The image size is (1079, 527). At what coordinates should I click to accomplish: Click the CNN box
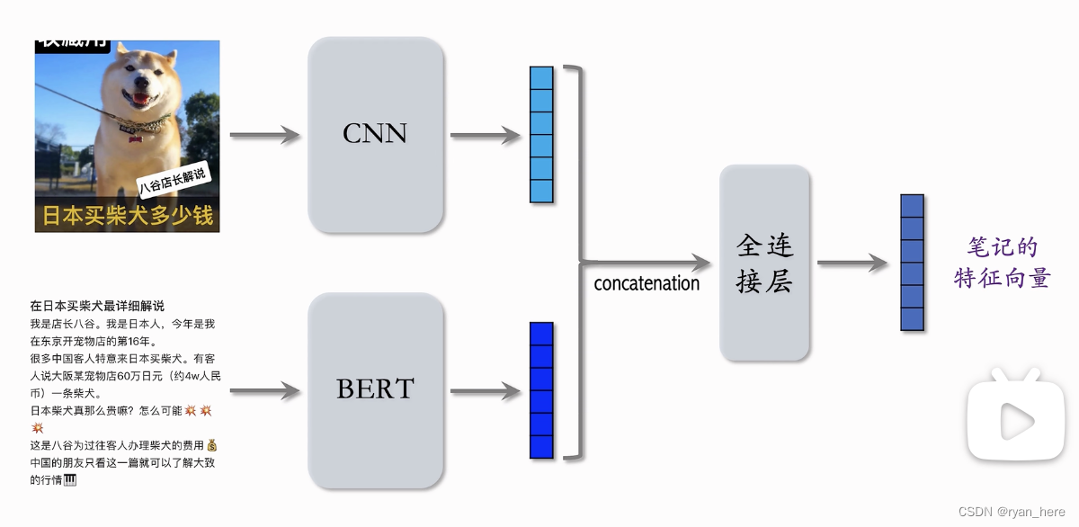376,134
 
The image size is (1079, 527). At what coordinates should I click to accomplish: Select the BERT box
376,389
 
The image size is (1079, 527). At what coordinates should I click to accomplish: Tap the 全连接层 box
764,263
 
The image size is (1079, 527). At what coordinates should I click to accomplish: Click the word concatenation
647,283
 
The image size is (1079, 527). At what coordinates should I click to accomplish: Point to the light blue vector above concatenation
541,135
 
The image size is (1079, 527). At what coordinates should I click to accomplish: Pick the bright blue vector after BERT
541,390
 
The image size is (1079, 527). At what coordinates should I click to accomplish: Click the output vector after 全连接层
912,263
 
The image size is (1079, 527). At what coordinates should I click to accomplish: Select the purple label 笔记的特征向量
1002,263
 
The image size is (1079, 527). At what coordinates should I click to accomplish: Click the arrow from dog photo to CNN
264,136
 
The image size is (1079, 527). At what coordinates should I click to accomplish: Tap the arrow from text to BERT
264,391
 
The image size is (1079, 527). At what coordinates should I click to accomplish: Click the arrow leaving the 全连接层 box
852,263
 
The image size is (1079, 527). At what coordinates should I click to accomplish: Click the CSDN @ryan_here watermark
1012,511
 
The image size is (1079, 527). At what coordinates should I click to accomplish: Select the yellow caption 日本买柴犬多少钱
127,217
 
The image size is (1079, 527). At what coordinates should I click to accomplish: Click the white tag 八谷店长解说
173,180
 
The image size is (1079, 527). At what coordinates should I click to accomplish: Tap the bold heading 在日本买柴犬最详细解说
97,306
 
